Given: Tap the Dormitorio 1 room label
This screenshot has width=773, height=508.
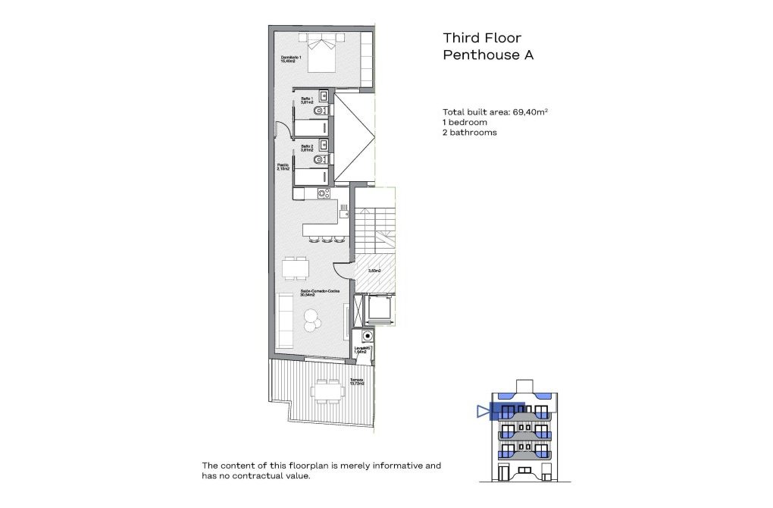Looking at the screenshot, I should click(x=291, y=60).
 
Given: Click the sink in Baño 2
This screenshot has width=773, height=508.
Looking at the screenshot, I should click(x=324, y=143).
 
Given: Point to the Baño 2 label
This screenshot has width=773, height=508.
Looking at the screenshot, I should click(x=306, y=148).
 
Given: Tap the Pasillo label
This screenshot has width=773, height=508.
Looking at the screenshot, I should click(x=283, y=167).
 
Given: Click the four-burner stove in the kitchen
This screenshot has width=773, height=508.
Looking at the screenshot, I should click(x=324, y=194).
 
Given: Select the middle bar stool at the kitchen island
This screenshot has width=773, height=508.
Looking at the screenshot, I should click(x=324, y=240).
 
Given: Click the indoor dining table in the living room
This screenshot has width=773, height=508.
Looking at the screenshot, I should click(x=296, y=269).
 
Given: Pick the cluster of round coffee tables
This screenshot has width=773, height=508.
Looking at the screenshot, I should click(x=311, y=324).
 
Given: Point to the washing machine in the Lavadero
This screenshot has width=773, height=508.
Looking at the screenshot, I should click(x=368, y=335).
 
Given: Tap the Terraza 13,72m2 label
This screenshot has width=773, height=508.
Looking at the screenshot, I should click(x=356, y=382).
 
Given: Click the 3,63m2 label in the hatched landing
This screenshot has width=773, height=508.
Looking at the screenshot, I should click(x=374, y=271).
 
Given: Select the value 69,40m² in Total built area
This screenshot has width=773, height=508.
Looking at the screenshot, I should click(x=530, y=111).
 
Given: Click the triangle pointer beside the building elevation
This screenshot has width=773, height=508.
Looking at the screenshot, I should click(x=484, y=411).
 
